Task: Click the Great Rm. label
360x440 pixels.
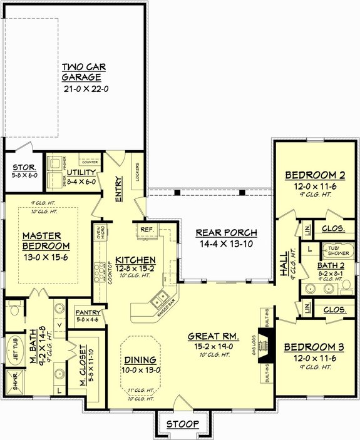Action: tap(211, 335)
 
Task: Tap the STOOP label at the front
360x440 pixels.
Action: tap(183, 424)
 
